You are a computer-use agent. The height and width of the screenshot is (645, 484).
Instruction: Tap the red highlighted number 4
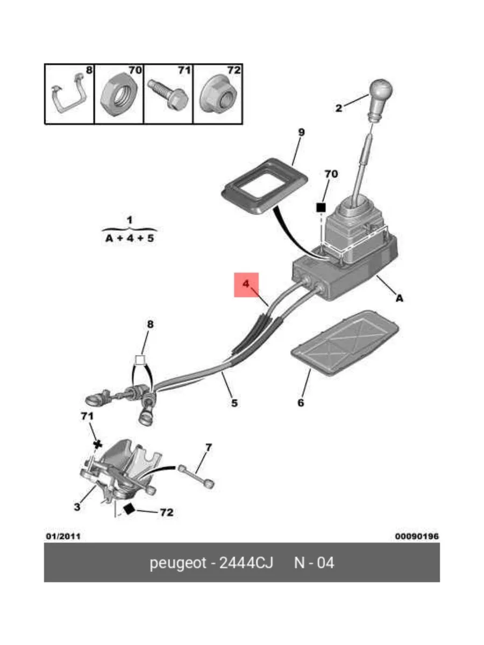[246, 284]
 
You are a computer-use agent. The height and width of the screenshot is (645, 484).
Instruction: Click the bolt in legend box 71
[168, 95]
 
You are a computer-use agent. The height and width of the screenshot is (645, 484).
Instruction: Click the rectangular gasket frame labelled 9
[264, 187]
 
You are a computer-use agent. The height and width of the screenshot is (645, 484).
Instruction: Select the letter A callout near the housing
[399, 298]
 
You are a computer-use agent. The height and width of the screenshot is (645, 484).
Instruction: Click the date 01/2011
[63, 536]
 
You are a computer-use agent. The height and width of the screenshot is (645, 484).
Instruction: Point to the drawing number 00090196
[417, 536]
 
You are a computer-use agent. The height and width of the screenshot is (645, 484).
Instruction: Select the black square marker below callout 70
[321, 208]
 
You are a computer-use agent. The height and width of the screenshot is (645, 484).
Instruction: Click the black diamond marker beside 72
[129, 508]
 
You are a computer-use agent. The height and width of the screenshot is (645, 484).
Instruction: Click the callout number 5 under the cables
[234, 403]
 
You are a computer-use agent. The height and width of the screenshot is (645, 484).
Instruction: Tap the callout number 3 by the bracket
[77, 507]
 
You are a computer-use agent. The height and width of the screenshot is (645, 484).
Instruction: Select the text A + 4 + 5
[130, 238]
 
